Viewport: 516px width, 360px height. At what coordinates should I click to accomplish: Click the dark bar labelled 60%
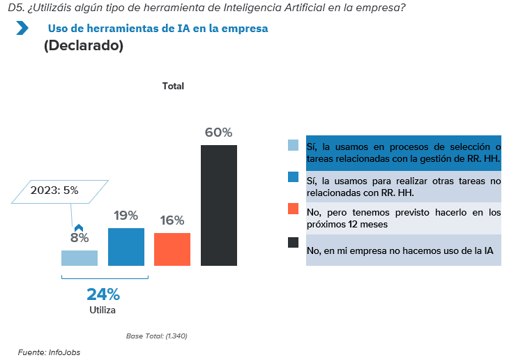point(219,205)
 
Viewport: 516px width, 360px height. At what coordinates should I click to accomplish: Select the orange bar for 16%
point(172,249)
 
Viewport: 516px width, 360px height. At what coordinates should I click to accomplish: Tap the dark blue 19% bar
point(126,247)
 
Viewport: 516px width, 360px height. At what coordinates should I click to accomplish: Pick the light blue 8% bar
point(79,257)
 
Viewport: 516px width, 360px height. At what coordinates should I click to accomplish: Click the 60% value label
point(218,133)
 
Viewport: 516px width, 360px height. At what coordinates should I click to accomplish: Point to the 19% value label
point(126,216)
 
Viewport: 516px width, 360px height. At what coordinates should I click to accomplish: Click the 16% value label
point(172,220)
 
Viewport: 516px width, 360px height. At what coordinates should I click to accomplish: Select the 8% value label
point(79,238)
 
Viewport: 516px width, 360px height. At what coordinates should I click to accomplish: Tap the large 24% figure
point(103,295)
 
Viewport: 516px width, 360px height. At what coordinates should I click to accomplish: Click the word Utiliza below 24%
point(103,310)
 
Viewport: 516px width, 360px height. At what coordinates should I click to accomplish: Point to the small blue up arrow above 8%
point(79,227)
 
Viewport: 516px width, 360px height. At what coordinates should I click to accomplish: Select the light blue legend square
point(294,146)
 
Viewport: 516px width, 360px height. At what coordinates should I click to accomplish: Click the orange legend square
point(294,209)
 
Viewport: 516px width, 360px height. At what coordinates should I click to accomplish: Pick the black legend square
point(294,242)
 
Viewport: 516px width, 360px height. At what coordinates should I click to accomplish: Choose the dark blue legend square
point(294,177)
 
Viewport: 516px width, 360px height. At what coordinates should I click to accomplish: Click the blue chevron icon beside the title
point(22,29)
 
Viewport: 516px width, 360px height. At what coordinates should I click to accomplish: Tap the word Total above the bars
point(173,87)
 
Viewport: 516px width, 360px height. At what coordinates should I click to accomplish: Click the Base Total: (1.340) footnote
point(157,336)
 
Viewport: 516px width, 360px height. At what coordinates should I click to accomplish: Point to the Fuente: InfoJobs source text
point(49,352)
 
